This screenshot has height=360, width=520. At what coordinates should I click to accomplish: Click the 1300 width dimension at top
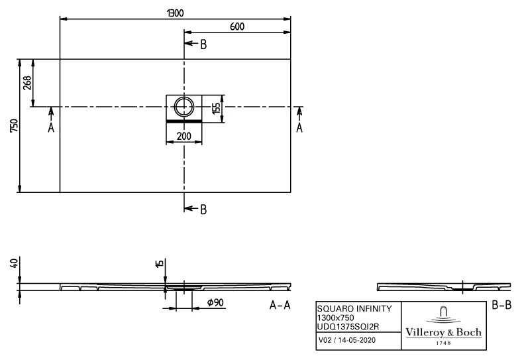(176, 13)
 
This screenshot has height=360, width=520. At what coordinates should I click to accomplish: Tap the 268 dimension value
(27, 83)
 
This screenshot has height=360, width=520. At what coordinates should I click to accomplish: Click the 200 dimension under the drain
(183, 136)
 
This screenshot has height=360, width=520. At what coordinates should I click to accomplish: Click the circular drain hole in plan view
(183, 105)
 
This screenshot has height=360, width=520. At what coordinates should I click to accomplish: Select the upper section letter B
(203, 44)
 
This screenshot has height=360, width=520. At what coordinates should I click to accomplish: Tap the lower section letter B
(203, 210)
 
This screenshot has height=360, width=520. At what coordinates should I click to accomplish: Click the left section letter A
(51, 128)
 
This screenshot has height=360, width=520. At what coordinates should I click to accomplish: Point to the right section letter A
(299, 128)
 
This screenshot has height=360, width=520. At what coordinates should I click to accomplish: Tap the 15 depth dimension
(159, 264)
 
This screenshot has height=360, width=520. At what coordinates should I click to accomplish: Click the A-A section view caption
(280, 306)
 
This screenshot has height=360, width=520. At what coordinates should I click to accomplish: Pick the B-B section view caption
(501, 306)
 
